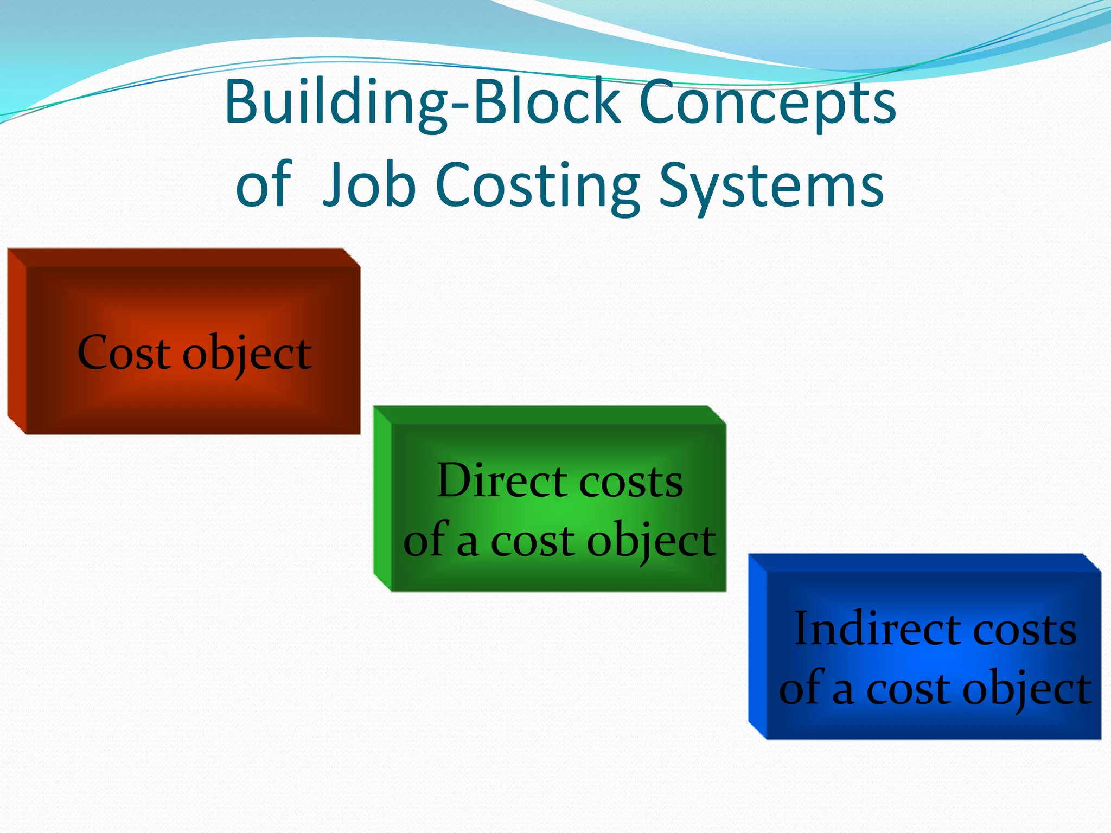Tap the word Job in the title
click(369, 185)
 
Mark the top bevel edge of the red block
click(184, 258)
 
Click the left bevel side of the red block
click(17, 342)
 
